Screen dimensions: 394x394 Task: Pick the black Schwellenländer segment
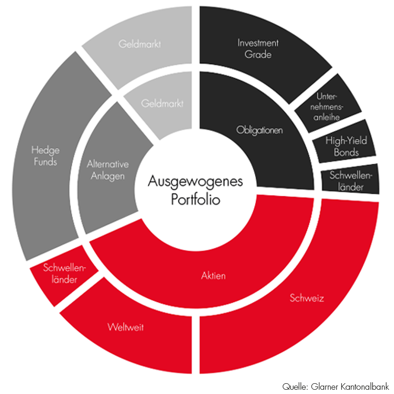[351, 180]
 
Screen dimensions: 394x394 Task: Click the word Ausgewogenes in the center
[195, 182]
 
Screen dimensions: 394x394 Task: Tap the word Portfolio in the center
[195, 200]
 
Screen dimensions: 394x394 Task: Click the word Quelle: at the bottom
[295, 386]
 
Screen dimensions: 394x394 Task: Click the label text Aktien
[213, 276]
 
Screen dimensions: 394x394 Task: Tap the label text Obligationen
[259, 130]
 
